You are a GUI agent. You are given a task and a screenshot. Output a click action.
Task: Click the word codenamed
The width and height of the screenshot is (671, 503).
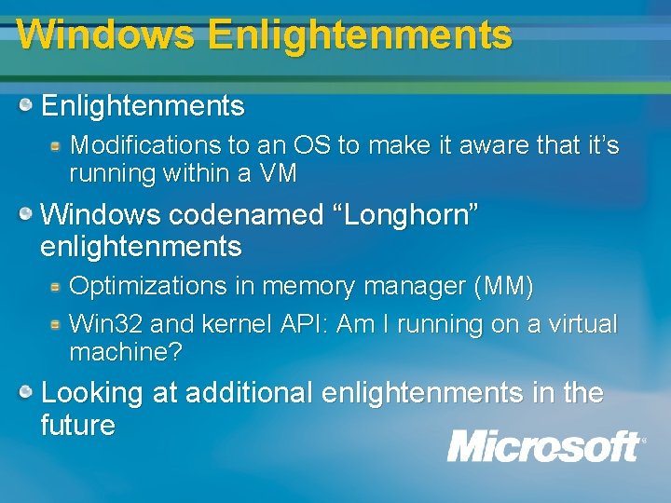pyautogui.click(x=247, y=214)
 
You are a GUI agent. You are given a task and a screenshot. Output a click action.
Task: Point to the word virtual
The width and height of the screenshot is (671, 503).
pyautogui.click(x=582, y=324)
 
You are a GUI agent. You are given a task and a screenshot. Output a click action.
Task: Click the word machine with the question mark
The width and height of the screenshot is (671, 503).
pyautogui.click(x=126, y=352)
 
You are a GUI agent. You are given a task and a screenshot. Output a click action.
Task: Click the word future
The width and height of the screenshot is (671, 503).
pyautogui.click(x=78, y=426)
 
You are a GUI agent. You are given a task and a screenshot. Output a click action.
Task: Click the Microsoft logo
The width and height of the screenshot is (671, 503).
pyautogui.click(x=545, y=446)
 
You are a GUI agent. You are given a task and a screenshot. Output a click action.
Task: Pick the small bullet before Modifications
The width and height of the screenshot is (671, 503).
pyautogui.click(x=56, y=145)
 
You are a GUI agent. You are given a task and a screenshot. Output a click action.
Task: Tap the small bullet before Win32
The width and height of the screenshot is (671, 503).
pyautogui.click(x=56, y=324)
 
